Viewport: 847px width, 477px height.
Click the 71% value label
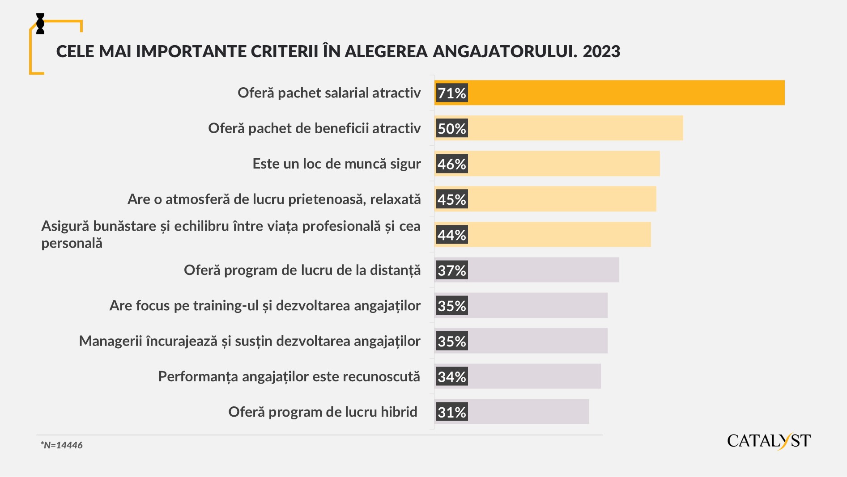click(x=452, y=93)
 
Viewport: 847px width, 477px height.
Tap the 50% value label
click(x=452, y=128)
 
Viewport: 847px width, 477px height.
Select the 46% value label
click(x=452, y=164)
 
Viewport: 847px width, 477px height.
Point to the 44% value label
click(x=452, y=235)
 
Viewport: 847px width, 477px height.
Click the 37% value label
click(x=452, y=270)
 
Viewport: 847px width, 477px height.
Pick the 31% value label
click(x=452, y=412)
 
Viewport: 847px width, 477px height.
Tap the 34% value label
click(x=452, y=376)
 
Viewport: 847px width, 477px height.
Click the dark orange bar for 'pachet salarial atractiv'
click(x=626, y=93)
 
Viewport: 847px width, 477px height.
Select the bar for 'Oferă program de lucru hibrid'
click(x=528, y=412)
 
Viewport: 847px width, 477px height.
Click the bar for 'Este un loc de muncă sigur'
click(x=564, y=164)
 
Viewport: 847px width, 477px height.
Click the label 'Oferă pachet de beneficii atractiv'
click(x=314, y=128)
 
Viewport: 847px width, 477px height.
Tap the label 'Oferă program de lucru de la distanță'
click(x=302, y=270)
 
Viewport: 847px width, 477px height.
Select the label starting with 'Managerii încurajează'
click(x=250, y=341)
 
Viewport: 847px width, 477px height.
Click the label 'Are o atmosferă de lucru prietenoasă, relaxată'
click(x=274, y=199)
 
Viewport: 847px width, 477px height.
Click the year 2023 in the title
click(x=601, y=51)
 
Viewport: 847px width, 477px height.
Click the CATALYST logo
click(x=768, y=441)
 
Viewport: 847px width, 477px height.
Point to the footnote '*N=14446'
click(x=62, y=445)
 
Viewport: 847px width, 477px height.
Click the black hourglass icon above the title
click(x=40, y=24)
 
